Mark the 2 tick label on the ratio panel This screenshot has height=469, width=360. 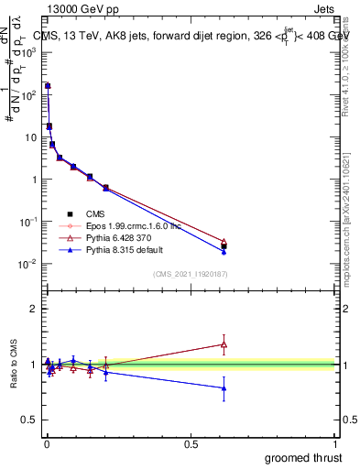tap(32, 309)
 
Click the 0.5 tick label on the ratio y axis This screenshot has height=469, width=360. tap(28, 420)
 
